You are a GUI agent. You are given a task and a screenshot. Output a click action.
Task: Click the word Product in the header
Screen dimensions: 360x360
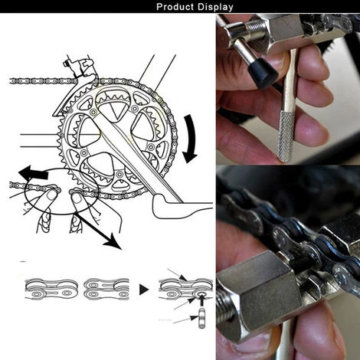pos(175,7)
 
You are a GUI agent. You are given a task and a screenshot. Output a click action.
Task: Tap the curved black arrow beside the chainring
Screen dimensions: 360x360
pos(190,139)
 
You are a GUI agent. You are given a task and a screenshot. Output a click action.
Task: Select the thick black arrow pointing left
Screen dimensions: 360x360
pos(33,172)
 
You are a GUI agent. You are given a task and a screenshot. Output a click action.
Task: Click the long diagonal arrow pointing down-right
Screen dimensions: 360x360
pos(98,231)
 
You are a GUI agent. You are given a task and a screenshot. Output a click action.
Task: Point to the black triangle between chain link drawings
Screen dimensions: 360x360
pos(144,290)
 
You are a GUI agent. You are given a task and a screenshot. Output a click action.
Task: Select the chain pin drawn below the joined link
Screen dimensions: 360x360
pos(201,318)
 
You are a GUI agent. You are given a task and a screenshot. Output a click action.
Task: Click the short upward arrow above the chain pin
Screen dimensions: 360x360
pos(201,299)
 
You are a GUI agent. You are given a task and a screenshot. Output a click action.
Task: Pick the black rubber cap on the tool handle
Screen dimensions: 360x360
pos(263,74)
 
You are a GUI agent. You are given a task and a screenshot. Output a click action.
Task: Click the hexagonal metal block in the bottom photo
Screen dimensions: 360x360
pos(258,290)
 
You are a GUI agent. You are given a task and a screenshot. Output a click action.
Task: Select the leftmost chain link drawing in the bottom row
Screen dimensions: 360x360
pos(51,289)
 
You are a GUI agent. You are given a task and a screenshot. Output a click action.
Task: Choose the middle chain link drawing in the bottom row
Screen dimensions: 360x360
pos(106,289)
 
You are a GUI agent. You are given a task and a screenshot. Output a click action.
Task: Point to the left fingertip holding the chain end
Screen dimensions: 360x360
pos(51,195)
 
